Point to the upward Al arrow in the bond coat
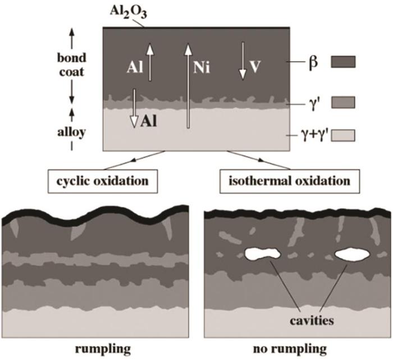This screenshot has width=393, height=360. pos(150,62)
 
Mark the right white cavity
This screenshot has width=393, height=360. pos(352,254)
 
